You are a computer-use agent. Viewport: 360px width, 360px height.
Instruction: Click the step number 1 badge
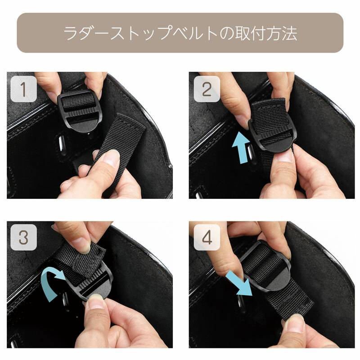24,89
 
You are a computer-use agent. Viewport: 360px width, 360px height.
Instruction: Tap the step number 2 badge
207,89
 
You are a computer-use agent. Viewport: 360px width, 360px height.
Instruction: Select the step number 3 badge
24,237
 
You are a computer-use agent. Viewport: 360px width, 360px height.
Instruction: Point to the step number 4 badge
207,237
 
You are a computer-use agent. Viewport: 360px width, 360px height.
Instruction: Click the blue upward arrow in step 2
241,148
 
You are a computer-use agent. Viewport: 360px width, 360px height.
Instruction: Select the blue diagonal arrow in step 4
239,283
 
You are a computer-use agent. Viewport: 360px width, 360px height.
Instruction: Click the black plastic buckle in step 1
80,111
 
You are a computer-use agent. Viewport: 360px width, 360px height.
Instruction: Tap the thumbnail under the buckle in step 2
284,157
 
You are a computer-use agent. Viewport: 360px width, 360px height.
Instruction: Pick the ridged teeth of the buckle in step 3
91,281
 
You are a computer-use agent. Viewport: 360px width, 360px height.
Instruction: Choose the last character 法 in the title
290,33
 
